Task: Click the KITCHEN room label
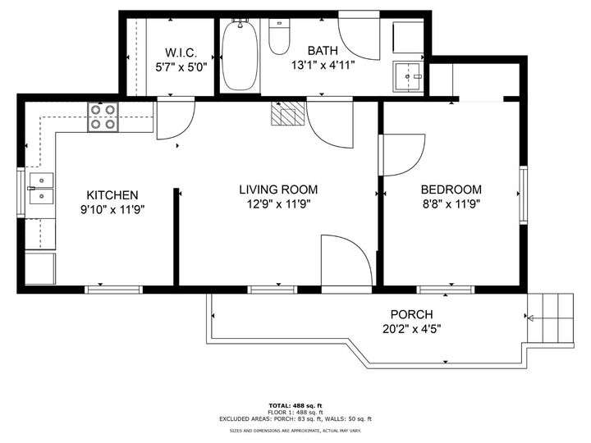(x=112, y=195)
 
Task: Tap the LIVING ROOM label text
(x=278, y=190)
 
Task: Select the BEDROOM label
(x=451, y=190)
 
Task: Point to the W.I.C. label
(x=181, y=53)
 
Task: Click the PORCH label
(x=411, y=314)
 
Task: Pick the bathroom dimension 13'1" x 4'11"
(x=323, y=66)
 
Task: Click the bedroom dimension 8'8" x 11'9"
(x=451, y=204)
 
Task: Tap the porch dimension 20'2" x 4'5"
(x=411, y=329)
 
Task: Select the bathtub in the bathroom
(x=240, y=55)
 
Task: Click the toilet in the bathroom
(x=279, y=37)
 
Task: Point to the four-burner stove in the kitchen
(x=103, y=116)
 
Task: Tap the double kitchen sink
(x=42, y=189)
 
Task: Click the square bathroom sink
(x=408, y=77)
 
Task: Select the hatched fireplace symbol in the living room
(x=287, y=113)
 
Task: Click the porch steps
(x=550, y=318)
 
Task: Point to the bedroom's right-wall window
(x=523, y=195)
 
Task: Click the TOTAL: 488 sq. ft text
(x=295, y=406)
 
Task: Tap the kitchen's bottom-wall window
(x=113, y=290)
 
